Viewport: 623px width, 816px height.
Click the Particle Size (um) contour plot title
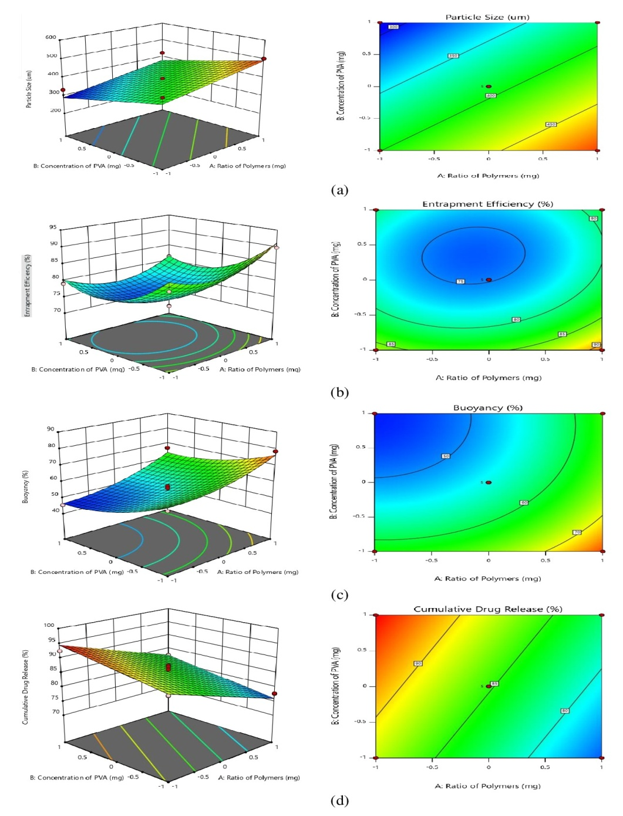pyautogui.click(x=487, y=17)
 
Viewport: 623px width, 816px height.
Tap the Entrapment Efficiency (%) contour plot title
pyautogui.click(x=487, y=204)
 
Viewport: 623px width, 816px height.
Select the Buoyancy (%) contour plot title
pyautogui.click(x=487, y=407)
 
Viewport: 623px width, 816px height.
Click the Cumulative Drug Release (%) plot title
pyautogui.click(x=487, y=609)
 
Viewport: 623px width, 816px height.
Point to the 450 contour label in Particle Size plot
pyautogui.click(x=551, y=125)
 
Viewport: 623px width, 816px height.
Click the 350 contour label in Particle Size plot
pyautogui.click(x=453, y=56)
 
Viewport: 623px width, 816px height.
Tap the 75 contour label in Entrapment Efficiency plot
pyautogui.click(x=460, y=281)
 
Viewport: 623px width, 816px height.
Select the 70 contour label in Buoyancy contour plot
pyautogui.click(x=577, y=532)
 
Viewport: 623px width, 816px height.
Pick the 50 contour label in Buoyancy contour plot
pyautogui.click(x=446, y=456)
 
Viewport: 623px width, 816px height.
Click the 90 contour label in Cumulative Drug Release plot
pyautogui.click(x=418, y=663)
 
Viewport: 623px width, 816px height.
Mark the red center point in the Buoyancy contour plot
pyautogui.click(x=489, y=482)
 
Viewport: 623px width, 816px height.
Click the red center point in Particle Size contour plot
pyautogui.click(x=489, y=86)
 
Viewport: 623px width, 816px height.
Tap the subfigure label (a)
pyautogui.click(x=339, y=190)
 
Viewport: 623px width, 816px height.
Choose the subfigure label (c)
pyautogui.click(x=339, y=595)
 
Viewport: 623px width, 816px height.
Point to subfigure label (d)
pyautogui.click(x=339, y=800)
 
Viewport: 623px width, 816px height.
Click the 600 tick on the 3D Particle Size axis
pyautogui.click(x=50, y=37)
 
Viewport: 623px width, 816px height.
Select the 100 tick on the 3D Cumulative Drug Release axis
pyautogui.click(x=49, y=625)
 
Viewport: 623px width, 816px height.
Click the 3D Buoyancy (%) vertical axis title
pyautogui.click(x=25, y=486)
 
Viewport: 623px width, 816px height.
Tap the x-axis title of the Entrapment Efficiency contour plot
pyautogui.click(x=488, y=378)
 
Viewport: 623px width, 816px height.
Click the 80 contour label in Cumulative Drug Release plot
pyautogui.click(x=564, y=711)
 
